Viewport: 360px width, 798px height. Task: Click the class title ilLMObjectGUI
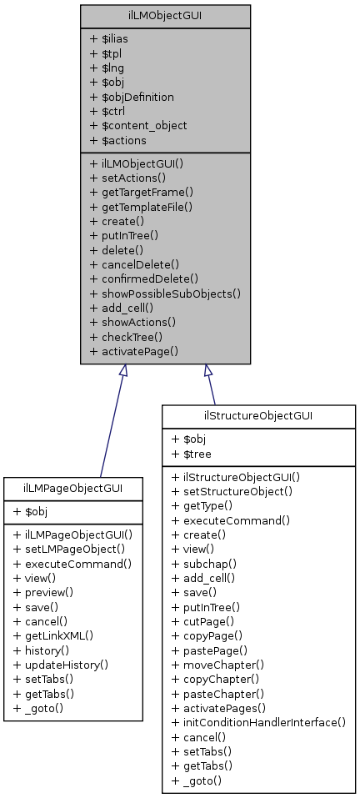tap(164, 15)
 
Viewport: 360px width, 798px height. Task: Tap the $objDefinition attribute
tap(131, 97)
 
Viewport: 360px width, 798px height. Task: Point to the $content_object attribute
tap(137, 125)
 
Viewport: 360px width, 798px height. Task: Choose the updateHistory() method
tap(64, 664)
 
